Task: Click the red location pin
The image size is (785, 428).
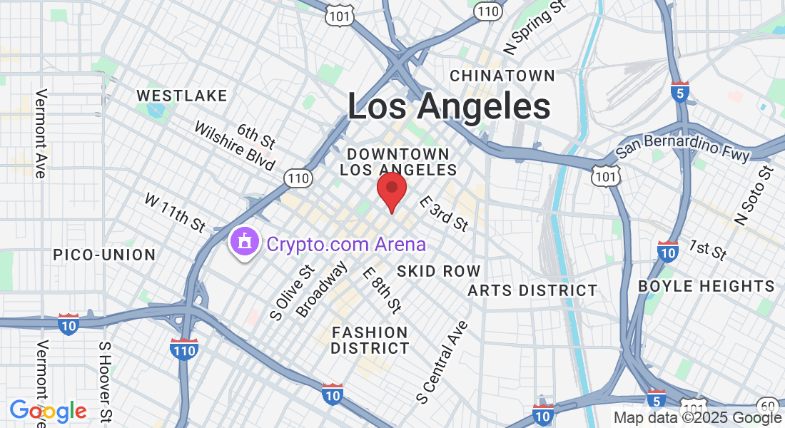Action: pos(391,190)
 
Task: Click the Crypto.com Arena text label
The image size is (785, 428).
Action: pos(346,245)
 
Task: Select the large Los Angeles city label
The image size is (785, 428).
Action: pos(449,106)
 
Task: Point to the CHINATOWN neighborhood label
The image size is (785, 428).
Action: pos(502,76)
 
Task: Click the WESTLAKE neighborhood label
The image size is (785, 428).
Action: pos(182,96)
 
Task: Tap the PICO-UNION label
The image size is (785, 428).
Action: pos(104,255)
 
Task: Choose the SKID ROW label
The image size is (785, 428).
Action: pos(439,271)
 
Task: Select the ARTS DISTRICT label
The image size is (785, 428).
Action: pos(532,290)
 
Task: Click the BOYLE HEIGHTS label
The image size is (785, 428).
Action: pos(706,286)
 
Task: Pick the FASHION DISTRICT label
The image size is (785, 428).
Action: pos(370,340)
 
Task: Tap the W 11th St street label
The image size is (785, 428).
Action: pos(176,212)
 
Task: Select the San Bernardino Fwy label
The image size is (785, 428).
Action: pos(683,146)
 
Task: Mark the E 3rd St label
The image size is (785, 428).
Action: pos(444,213)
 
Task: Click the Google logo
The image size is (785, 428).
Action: pos(49,411)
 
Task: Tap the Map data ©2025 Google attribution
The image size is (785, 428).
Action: pos(698,419)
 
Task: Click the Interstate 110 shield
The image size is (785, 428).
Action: pos(184,349)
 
